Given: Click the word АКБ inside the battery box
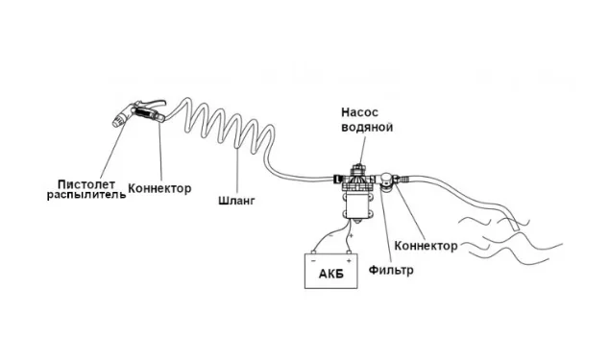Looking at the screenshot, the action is click(x=331, y=275).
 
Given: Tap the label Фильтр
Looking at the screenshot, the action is click(x=391, y=270).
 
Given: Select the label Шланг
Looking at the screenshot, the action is click(x=236, y=201).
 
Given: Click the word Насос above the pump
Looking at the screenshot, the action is click(x=359, y=112).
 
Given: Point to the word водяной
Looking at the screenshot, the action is click(x=367, y=127).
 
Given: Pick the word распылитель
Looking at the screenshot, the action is click(x=86, y=194).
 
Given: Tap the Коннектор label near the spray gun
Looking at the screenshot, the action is click(x=159, y=188).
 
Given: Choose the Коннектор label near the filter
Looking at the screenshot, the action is click(x=426, y=246).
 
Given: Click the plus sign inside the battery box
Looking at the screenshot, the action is click(x=349, y=261).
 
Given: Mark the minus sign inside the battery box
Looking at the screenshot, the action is click(x=313, y=261).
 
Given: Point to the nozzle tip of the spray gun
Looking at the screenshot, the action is click(x=117, y=122).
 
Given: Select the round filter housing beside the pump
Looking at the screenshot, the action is click(x=387, y=180).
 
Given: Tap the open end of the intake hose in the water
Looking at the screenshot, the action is click(x=516, y=228).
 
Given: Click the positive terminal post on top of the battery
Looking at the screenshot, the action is click(x=349, y=252).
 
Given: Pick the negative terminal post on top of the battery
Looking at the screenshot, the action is click(x=313, y=252).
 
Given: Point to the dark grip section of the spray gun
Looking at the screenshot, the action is click(x=145, y=114).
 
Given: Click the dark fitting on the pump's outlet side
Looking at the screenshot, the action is click(x=337, y=179).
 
